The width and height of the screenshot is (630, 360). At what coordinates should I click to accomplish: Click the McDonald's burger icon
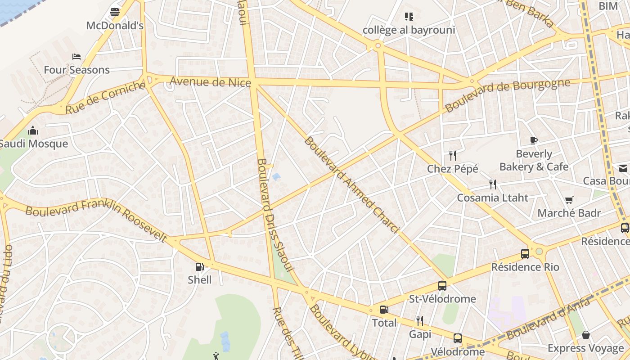[x=115, y=12]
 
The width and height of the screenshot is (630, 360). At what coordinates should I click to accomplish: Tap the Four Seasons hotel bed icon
[x=76, y=57]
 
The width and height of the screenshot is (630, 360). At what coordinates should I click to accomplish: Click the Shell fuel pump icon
[x=199, y=267]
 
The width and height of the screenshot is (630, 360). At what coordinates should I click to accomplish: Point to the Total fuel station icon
[x=384, y=310]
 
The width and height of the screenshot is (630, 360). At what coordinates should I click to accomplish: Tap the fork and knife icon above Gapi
[x=419, y=320]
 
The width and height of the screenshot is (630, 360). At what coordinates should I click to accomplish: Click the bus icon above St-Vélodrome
[x=442, y=285]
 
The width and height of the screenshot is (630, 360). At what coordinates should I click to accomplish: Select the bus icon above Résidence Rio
[x=525, y=253]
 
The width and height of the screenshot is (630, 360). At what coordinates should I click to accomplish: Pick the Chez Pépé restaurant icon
[x=453, y=156]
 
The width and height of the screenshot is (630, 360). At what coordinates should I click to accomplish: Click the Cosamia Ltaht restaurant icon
[x=493, y=184]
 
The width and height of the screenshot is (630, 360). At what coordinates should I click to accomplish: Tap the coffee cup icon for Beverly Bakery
[x=534, y=140]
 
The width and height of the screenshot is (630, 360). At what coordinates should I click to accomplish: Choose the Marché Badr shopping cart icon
[x=569, y=200]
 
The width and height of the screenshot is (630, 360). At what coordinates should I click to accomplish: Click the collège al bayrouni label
[x=409, y=30]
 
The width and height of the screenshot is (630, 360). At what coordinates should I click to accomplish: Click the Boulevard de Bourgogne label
[x=507, y=94]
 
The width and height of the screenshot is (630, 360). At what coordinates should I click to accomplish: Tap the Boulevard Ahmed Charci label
[x=351, y=185]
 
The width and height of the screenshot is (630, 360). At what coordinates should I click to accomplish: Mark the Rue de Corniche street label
[x=106, y=97]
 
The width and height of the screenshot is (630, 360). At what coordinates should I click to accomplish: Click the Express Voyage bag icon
[x=585, y=335]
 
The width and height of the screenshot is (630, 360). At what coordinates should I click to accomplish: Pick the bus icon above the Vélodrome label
[x=457, y=338]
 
